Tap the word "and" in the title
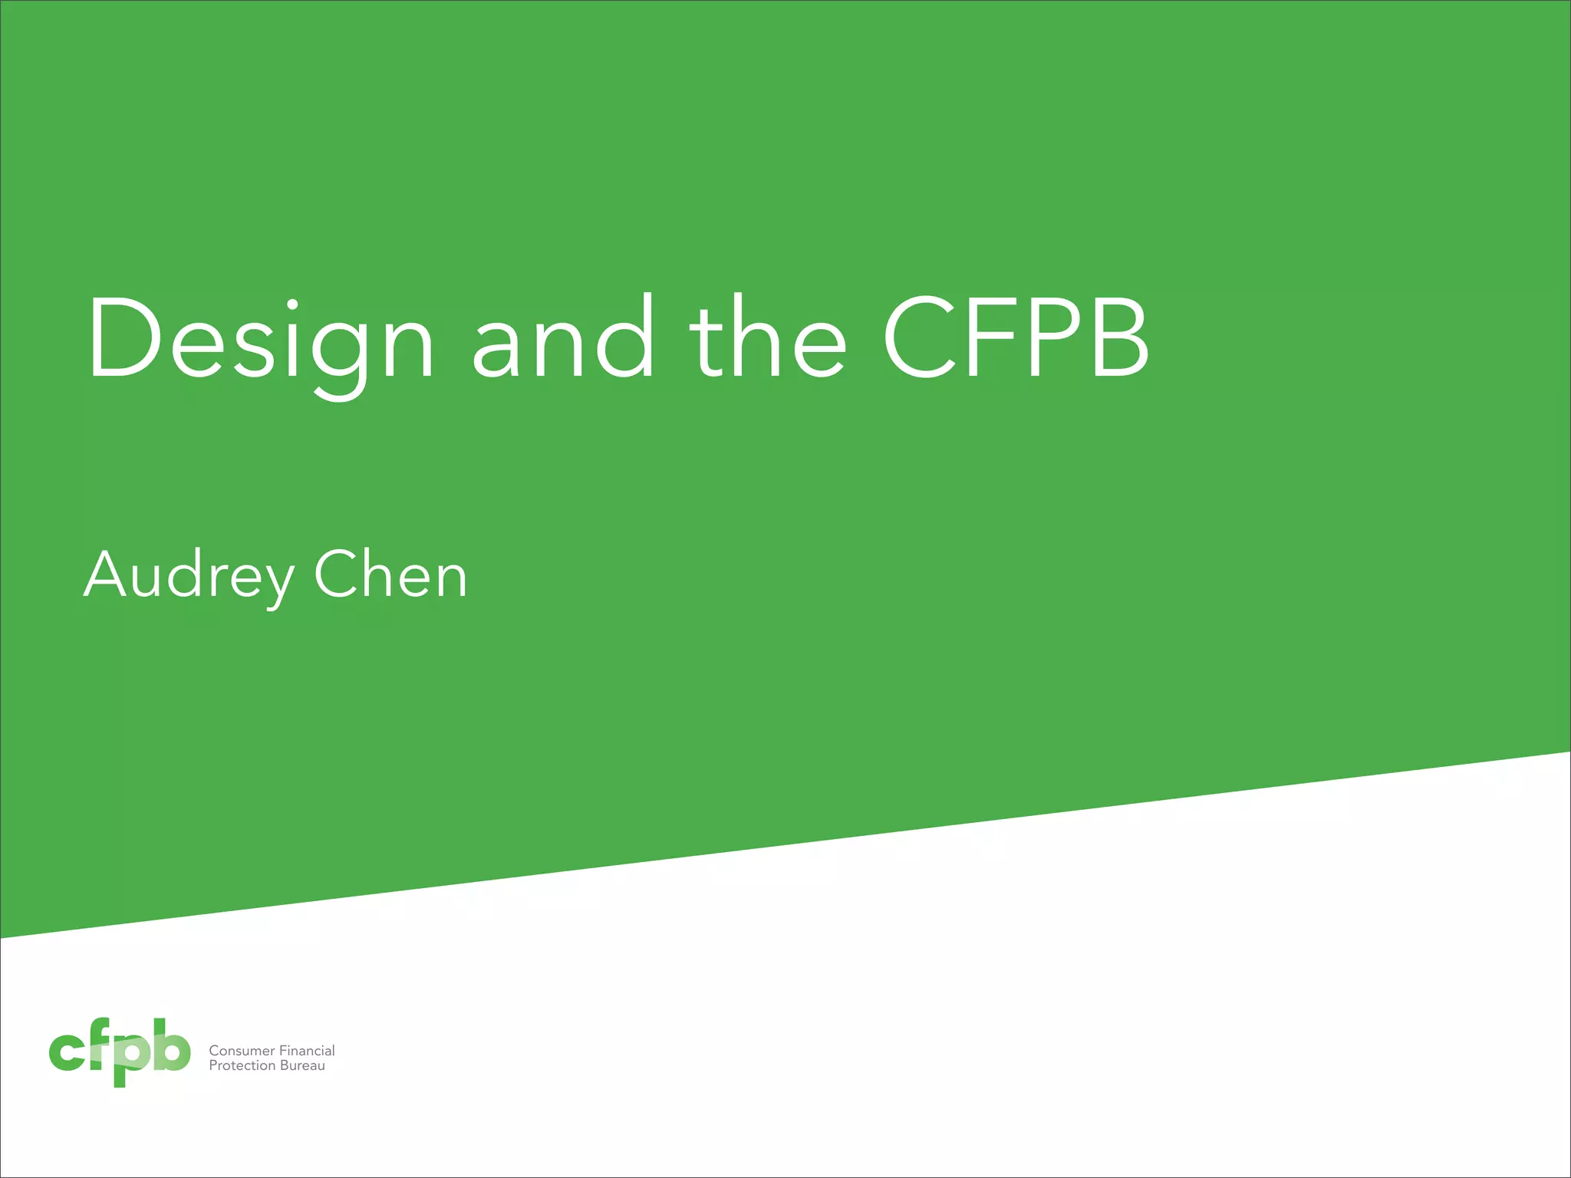(564, 339)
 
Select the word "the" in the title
(767, 339)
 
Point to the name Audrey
(188, 577)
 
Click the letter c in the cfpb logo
(66, 1051)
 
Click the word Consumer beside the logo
(242, 1051)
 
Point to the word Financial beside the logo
(307, 1051)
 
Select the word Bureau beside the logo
(302, 1066)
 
